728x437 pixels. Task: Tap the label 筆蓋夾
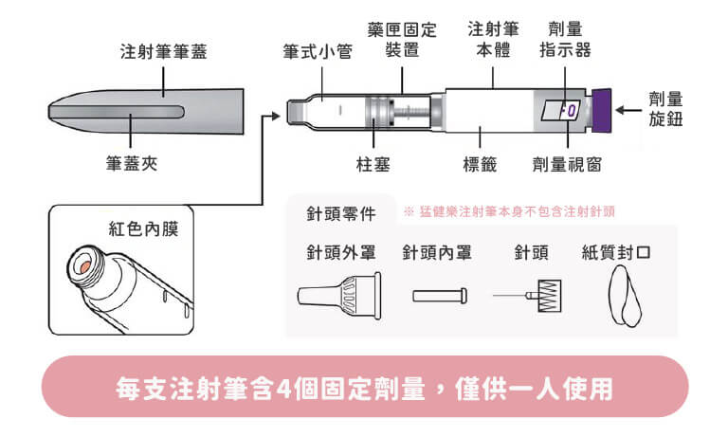(x=131, y=164)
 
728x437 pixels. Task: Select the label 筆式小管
(x=318, y=50)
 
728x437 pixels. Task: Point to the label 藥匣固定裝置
(x=402, y=40)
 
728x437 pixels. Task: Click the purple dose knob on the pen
(x=600, y=109)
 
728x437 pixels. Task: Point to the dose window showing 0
(x=567, y=111)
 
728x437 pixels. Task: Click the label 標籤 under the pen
(x=480, y=164)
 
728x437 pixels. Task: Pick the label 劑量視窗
(x=567, y=164)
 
